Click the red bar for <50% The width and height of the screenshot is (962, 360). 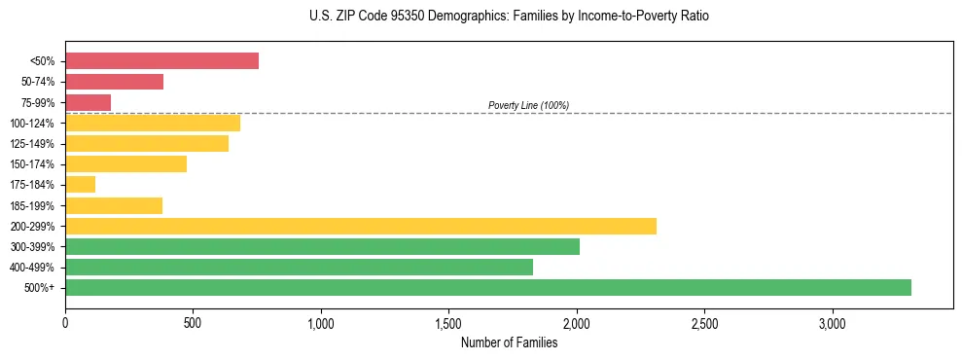coord(161,61)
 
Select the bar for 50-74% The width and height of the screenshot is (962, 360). coord(114,82)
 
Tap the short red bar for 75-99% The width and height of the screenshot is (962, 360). coord(88,102)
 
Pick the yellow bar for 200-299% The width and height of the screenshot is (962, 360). coord(360,226)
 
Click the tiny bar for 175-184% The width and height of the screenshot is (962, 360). coord(80,185)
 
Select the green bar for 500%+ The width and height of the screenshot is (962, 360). coord(487,287)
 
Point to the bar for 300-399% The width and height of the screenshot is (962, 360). coord(322,246)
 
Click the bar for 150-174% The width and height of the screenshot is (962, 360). coord(125,164)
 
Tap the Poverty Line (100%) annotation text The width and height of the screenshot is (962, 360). coord(528,105)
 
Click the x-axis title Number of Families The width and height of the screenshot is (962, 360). coord(509,342)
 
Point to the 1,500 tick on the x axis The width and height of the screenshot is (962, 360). coord(448,323)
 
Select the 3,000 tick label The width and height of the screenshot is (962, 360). coord(832,323)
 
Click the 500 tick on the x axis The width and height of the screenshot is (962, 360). coord(193,323)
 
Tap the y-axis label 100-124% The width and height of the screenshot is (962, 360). coord(32,124)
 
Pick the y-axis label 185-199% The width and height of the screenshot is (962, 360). coord(32,205)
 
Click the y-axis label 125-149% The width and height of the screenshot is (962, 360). coord(32,144)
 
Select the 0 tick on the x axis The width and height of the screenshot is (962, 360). coord(65,323)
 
